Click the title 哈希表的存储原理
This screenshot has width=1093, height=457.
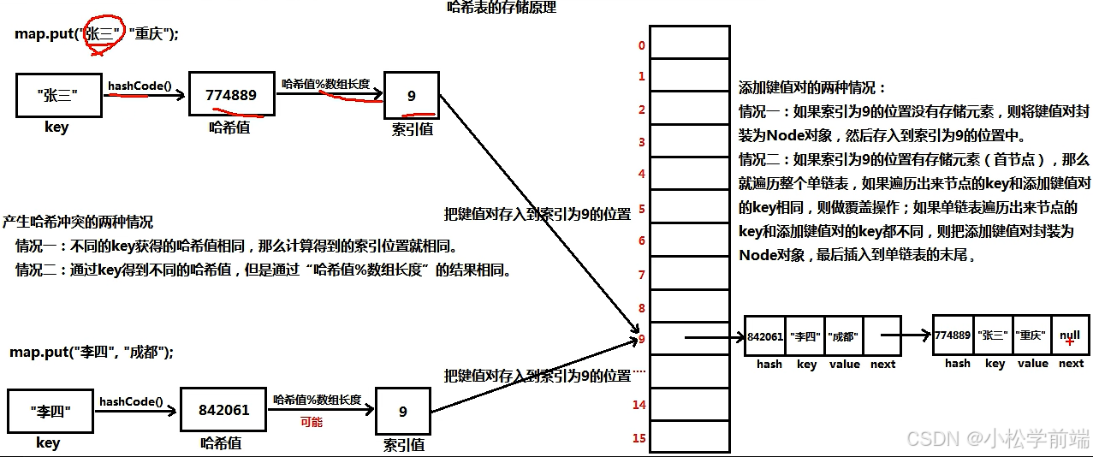tap(502, 8)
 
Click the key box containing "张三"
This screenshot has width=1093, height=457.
tap(58, 95)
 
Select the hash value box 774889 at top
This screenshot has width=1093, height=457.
tap(231, 95)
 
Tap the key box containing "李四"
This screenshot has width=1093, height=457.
tap(50, 412)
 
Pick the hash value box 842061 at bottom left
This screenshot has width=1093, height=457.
tap(223, 410)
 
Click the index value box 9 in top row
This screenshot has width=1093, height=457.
tap(412, 95)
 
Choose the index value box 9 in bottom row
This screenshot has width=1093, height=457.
tap(403, 412)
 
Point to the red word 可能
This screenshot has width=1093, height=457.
tap(311, 422)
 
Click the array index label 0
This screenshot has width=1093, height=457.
tap(642, 45)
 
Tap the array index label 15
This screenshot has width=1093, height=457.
tap(639, 438)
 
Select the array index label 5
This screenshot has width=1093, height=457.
tap(642, 208)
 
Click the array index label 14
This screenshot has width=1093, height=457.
tap(639, 405)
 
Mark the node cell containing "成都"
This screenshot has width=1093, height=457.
tap(844, 336)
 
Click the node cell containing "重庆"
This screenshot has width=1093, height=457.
tap(1032, 335)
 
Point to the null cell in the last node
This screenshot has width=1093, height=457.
tap(1070, 335)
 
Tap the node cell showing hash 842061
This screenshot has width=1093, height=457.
tap(765, 336)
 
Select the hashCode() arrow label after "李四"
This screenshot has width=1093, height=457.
tap(131, 401)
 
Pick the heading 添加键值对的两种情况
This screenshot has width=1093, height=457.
tap(811, 88)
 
